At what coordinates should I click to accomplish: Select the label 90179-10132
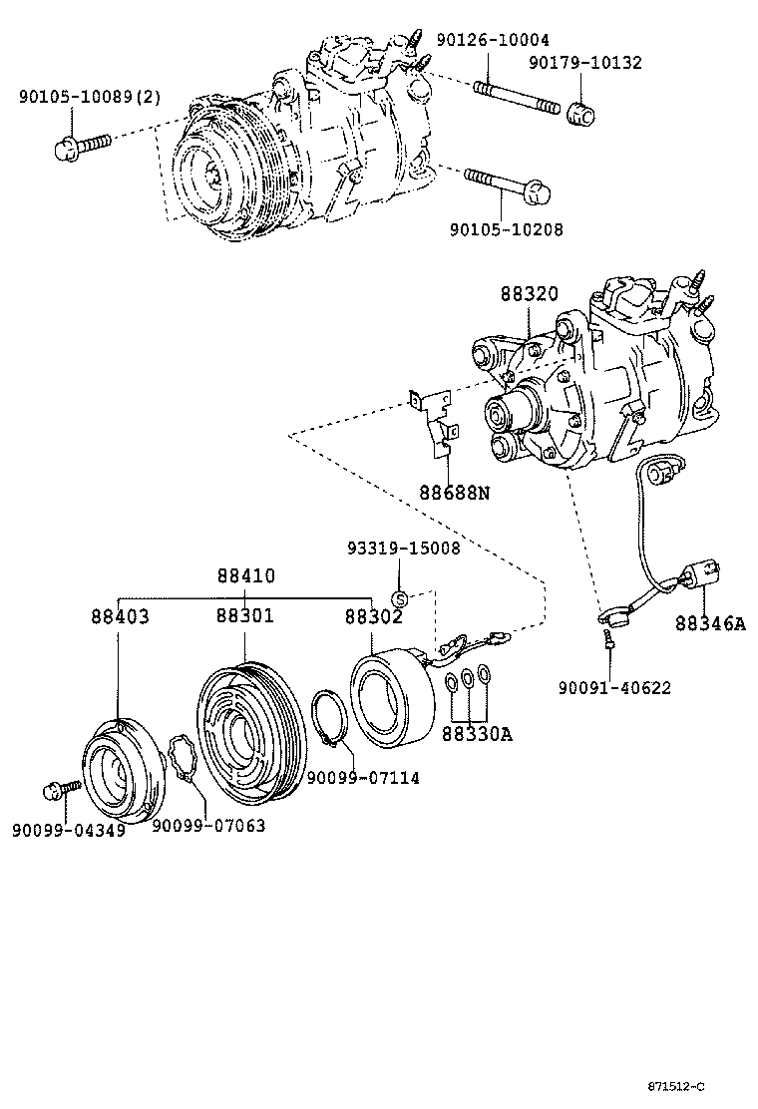pyautogui.click(x=584, y=63)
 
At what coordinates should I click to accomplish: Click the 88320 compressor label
pyautogui.click(x=529, y=294)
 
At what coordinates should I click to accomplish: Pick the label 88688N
pyautogui.click(x=455, y=492)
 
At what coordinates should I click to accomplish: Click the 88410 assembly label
pyautogui.click(x=246, y=576)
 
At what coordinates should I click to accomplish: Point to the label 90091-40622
pyautogui.click(x=613, y=687)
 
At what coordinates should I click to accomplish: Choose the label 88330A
pyautogui.click(x=478, y=734)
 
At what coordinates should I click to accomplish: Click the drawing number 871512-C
pyautogui.click(x=689, y=1086)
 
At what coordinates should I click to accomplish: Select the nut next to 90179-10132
pyautogui.click(x=580, y=113)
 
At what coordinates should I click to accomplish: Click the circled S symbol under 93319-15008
pyautogui.click(x=399, y=598)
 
